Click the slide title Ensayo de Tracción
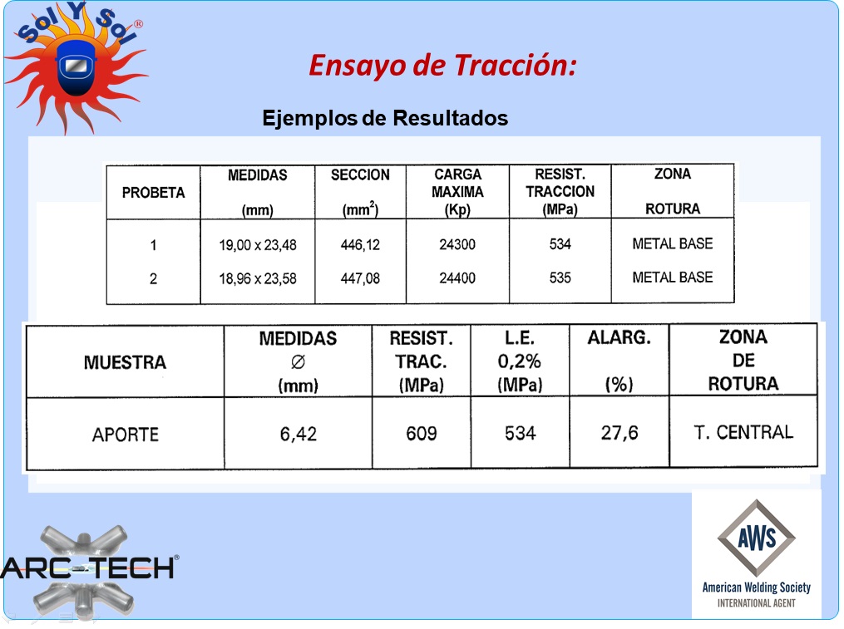(442, 66)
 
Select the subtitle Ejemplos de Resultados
(385, 118)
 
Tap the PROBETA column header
(153, 193)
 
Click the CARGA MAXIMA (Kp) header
(457, 192)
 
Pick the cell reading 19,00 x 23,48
(257, 245)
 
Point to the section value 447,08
(360, 278)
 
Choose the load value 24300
(457, 244)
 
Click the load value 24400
(457, 278)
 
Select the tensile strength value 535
(560, 278)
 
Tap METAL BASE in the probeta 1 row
(673, 243)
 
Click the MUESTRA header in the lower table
(125, 362)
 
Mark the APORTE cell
(126, 435)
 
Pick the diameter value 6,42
(299, 434)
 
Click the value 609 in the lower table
(422, 433)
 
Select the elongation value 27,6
(619, 433)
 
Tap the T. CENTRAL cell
(743, 432)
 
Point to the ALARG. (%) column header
(619, 361)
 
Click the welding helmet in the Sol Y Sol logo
(76, 67)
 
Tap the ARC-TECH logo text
(89, 568)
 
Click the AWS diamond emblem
(756, 538)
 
